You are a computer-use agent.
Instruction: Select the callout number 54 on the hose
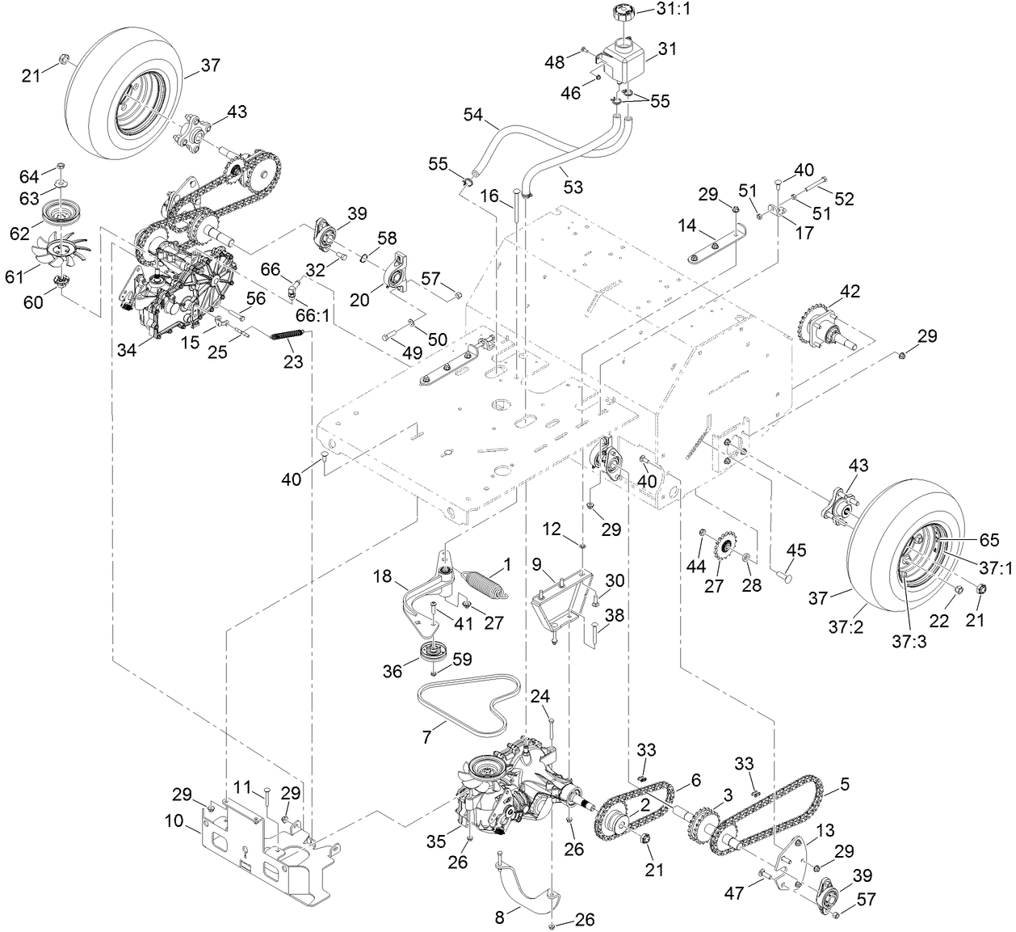tap(473, 116)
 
